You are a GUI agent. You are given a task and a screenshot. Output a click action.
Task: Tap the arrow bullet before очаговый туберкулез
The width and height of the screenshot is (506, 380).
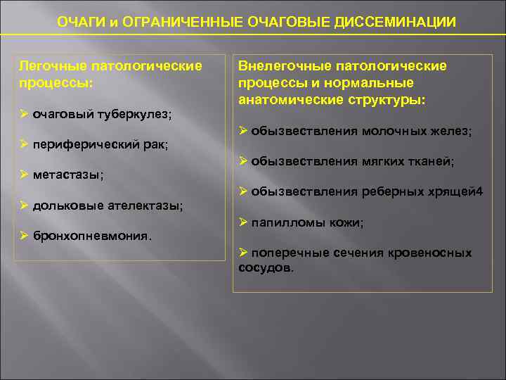pyautogui.click(x=23, y=113)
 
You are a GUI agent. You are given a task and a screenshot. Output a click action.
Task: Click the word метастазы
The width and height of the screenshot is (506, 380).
pyautogui.click(x=67, y=175)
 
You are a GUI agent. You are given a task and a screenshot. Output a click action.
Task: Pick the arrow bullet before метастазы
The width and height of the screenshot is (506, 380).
pyautogui.click(x=23, y=174)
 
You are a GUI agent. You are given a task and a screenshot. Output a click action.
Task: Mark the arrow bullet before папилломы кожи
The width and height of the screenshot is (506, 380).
pyautogui.click(x=242, y=222)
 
